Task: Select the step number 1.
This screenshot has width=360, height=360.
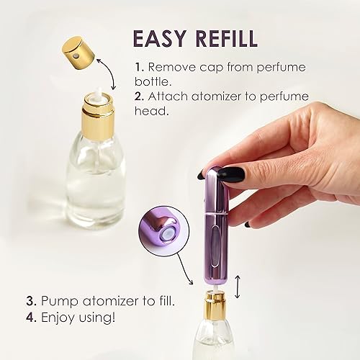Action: click(x=138, y=66)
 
